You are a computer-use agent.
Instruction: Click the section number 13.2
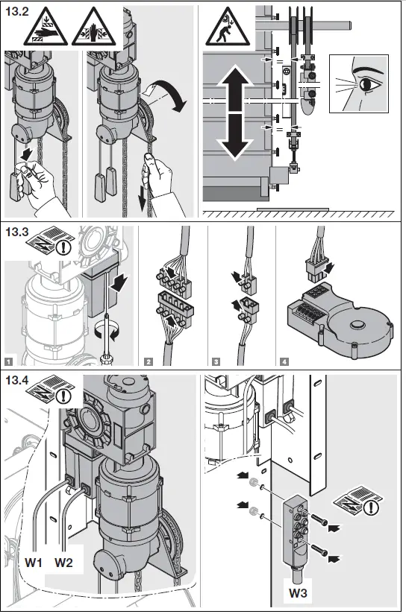17,11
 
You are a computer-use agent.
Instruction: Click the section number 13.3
17,232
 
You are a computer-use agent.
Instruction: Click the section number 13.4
17,380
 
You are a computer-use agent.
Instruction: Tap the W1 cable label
34,563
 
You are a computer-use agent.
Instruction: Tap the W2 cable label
63,563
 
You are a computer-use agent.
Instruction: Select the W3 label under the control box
298,593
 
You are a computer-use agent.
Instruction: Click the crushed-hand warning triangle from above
46,27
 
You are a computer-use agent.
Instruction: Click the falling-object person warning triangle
228,27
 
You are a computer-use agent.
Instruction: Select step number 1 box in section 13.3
10,361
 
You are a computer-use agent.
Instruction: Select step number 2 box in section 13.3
149,361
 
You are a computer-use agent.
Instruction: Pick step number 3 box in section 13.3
216,361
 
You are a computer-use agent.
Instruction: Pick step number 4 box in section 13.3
285,361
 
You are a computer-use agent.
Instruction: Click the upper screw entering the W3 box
319,519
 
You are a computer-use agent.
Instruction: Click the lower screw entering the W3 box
319,550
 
